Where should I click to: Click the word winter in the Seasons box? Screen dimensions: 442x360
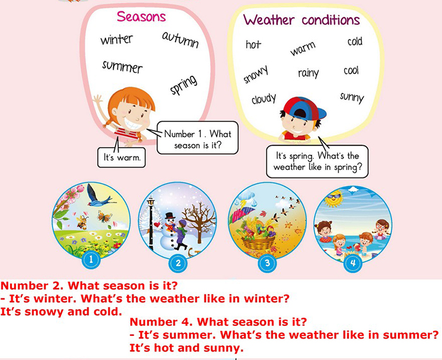[x=116, y=39]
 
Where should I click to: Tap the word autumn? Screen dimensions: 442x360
[x=181, y=40]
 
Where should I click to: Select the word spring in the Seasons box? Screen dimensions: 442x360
[x=184, y=85]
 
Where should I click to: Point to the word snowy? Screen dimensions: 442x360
[x=256, y=75]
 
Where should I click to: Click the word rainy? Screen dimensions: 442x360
[x=308, y=73]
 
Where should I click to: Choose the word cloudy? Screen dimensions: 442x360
[x=264, y=99]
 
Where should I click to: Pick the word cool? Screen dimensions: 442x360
[x=351, y=71]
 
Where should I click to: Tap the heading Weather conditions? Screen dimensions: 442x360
[x=302, y=20]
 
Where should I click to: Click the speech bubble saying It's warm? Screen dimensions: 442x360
[x=121, y=157]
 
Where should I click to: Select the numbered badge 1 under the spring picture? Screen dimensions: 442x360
[x=91, y=260]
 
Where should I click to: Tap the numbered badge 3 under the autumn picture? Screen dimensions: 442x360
[x=267, y=263]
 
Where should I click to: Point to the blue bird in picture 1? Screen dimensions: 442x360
[x=99, y=195]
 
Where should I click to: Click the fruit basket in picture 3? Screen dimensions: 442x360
[x=257, y=236]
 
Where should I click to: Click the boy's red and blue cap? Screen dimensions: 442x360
[x=304, y=109]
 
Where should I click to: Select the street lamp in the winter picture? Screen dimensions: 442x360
[x=151, y=223]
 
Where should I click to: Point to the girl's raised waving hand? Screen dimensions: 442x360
[x=98, y=100]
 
